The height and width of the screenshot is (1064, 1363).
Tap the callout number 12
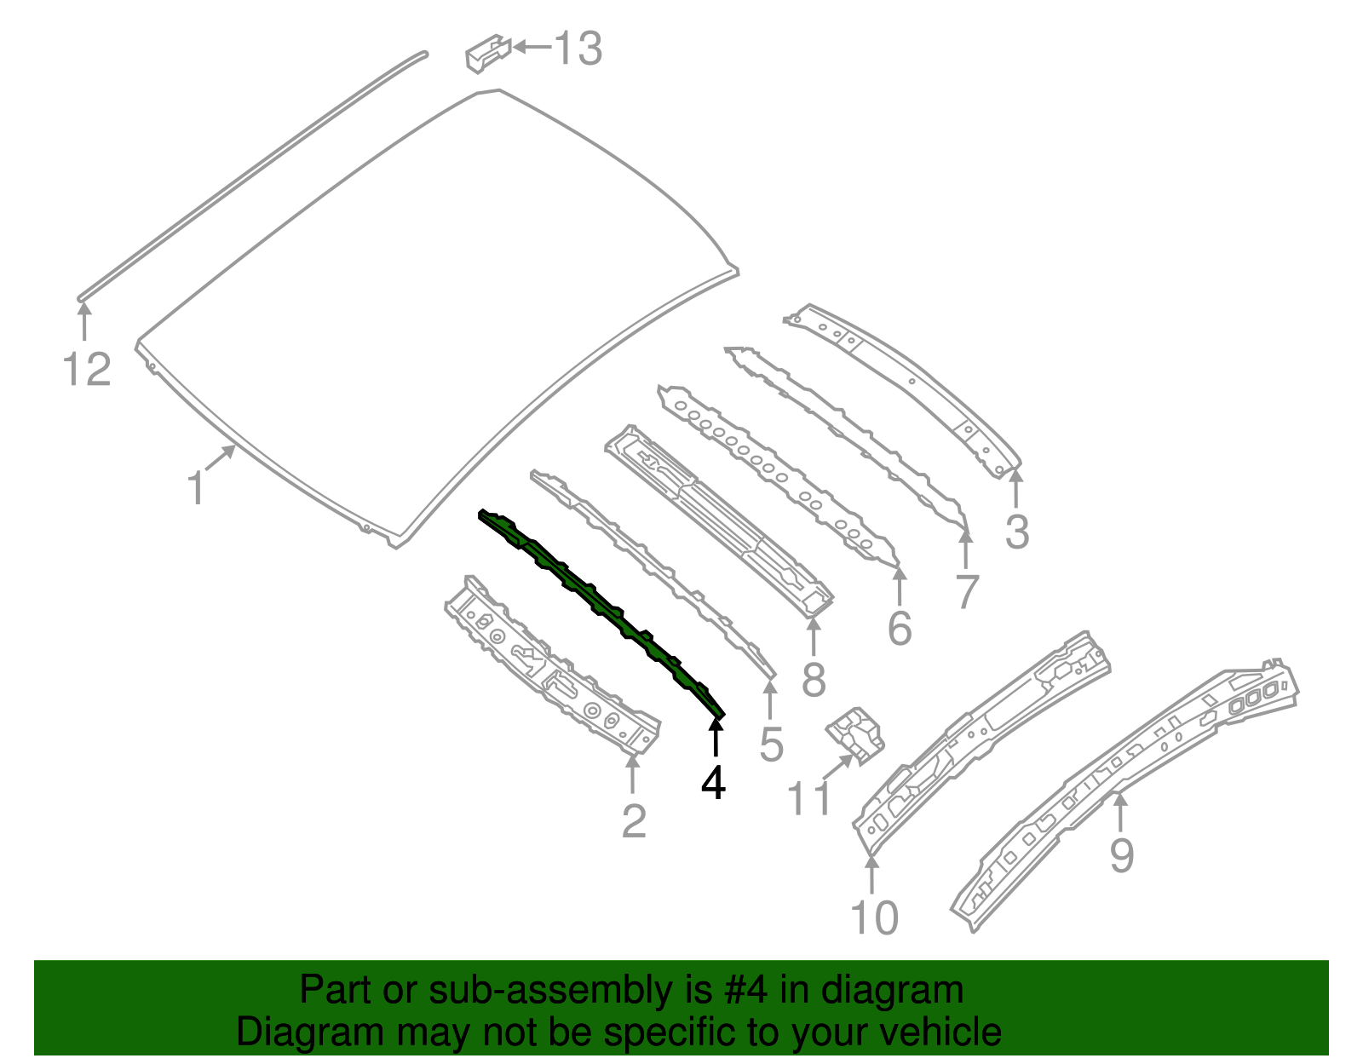click(x=87, y=370)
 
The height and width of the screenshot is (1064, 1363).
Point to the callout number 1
click(x=196, y=488)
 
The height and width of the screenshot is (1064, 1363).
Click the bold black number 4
click(x=714, y=782)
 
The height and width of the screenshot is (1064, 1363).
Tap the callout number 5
click(x=771, y=745)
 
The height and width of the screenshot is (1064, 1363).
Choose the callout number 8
click(x=814, y=679)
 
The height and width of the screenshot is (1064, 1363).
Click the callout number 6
click(x=900, y=629)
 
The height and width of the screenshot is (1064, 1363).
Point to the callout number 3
click(x=1017, y=532)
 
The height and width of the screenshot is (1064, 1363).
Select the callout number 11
click(x=808, y=799)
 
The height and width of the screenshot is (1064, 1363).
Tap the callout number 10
click(x=874, y=917)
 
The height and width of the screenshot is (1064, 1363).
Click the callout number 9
click(x=1122, y=854)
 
